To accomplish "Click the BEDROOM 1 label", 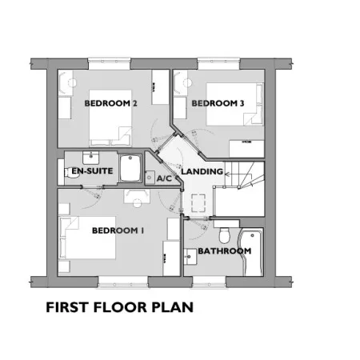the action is click(118, 230).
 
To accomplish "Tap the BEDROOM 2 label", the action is click(110, 103).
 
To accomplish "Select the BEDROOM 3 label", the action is click(218, 103).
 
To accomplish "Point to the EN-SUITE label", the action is click(92, 171).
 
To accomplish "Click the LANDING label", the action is click(202, 171).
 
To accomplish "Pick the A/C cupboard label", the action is click(164, 178).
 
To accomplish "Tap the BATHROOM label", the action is click(225, 251).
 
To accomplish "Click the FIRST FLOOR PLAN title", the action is click(120, 307).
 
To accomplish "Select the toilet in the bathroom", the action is click(225, 235).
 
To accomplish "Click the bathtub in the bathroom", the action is click(252, 252).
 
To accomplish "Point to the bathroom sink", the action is click(190, 257).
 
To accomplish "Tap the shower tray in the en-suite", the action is click(130, 168).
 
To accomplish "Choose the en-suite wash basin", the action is click(91, 158).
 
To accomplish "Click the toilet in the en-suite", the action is click(70, 172).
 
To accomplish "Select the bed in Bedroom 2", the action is click(110, 118).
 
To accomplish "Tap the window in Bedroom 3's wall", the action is click(218, 63).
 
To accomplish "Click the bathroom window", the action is click(209, 282).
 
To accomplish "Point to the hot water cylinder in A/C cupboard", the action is click(150, 178).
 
